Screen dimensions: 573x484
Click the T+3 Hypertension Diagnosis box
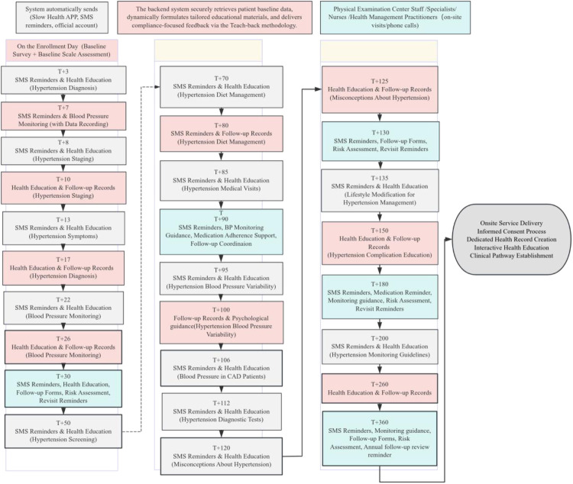pyautogui.click(x=63, y=80)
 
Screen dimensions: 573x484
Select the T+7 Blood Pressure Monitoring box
pyautogui.click(x=63, y=116)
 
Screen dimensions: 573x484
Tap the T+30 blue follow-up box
pyautogui.click(x=63, y=389)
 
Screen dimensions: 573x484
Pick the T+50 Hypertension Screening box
pyautogui.click(x=63, y=431)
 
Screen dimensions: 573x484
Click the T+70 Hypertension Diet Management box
pyautogui.click(x=222, y=87)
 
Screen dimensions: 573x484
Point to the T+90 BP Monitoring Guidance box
pyautogui.click(x=221, y=231)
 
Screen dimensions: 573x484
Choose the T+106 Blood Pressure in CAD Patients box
pyautogui.click(x=222, y=368)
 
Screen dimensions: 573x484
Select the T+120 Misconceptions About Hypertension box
pyautogui.click(x=222, y=457)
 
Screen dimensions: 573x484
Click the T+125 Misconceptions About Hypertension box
pyautogui.click(x=380, y=90)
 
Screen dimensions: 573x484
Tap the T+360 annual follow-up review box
pyautogui.click(x=380, y=439)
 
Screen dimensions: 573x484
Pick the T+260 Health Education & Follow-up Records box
pyautogui.click(x=380, y=389)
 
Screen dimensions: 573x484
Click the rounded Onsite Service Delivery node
pyautogui.click(x=512, y=239)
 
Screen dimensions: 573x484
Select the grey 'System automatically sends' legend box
pyautogui.click(x=62, y=18)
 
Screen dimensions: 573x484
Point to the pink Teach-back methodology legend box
pyautogui.click(x=215, y=18)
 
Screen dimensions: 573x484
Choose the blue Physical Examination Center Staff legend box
pyautogui.click(x=395, y=18)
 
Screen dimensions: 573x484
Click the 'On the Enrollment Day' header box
pyautogui.click(x=62, y=50)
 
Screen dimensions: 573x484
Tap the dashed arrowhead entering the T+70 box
pyautogui.click(x=157, y=87)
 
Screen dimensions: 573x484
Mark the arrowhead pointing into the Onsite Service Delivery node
pyautogui.click(x=449, y=239)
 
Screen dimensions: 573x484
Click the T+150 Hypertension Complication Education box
pyautogui.click(x=380, y=243)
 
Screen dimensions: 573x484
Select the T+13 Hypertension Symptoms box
pyautogui.click(x=63, y=228)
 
